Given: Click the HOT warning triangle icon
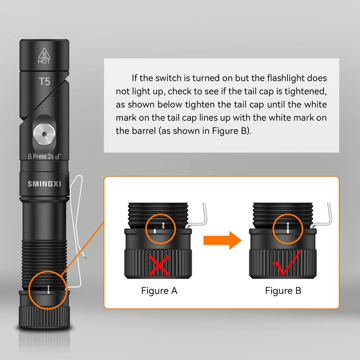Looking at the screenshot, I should click(44, 52).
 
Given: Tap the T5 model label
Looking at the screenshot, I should click(44, 82).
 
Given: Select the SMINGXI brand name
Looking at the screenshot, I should click(44, 184).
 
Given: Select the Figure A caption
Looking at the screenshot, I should click(159, 291).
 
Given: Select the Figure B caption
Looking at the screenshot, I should click(283, 291).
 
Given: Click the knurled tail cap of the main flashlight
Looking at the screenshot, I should click(44, 317).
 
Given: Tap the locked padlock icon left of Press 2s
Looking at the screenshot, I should click(30, 157).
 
